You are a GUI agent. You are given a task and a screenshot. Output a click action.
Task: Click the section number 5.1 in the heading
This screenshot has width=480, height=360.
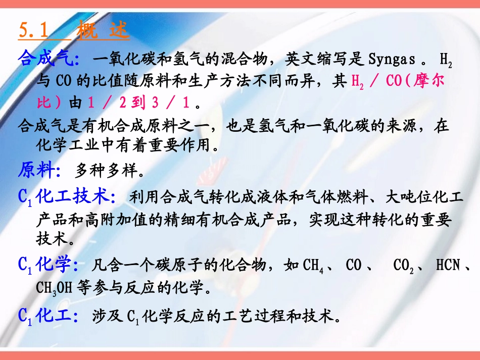pyautogui.click(x=33, y=31)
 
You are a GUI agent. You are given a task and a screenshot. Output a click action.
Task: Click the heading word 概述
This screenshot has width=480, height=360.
pyautogui.click(x=104, y=31)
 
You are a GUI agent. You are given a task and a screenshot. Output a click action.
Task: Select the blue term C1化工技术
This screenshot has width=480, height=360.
pyautogui.click(x=65, y=196)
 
